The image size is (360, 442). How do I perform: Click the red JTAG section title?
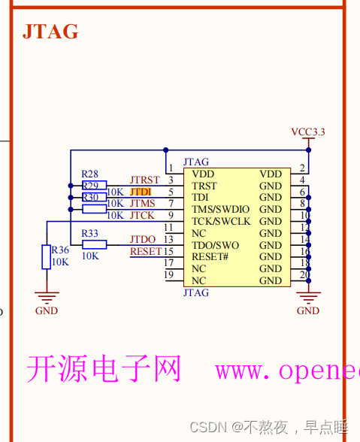click(50, 32)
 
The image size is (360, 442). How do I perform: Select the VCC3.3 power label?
click(308, 132)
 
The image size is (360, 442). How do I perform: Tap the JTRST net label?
click(144, 180)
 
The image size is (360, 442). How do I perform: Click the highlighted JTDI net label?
click(141, 192)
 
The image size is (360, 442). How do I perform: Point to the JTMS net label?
click(142, 204)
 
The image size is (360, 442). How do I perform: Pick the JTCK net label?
click(142, 216)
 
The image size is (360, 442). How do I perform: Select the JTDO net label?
click(142, 240)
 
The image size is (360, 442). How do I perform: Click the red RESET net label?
click(146, 251)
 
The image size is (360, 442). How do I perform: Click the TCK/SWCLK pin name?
click(221, 221)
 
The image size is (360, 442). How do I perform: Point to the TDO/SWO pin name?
click(215, 245)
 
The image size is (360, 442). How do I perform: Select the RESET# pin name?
click(210, 256)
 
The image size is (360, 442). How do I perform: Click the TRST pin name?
click(204, 186)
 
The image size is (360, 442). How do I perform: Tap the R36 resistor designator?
click(59, 250)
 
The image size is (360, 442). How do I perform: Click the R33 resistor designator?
click(89, 233)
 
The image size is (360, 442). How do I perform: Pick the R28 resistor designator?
click(89, 174)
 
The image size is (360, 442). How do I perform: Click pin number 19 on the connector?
click(169, 275)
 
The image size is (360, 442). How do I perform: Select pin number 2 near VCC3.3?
click(302, 168)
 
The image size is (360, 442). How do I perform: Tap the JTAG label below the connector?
click(196, 293)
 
